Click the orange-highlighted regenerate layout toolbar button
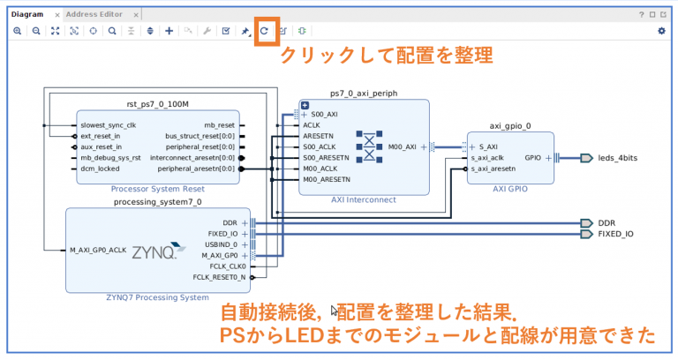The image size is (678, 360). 264,31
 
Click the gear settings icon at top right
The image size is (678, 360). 661,31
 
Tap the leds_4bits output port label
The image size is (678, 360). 617,158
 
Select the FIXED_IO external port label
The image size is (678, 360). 615,234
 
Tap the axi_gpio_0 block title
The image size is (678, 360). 510,125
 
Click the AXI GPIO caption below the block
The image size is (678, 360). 510,188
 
